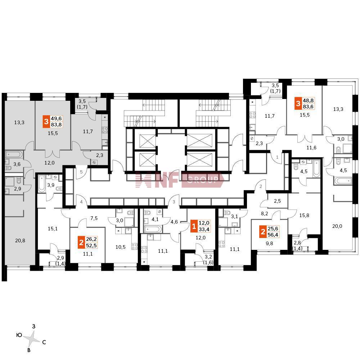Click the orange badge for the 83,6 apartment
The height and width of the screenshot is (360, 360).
tap(297, 104)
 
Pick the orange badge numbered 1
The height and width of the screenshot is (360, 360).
tap(194, 227)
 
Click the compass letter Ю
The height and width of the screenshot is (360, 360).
tap(19, 335)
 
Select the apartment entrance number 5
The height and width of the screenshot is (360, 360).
tap(81, 172)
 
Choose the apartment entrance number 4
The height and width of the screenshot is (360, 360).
tap(81, 202)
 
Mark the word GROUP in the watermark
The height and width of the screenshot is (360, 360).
tap(203, 180)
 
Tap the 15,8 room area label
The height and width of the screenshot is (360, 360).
tap(304, 216)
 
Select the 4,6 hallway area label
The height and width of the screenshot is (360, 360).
tap(174, 222)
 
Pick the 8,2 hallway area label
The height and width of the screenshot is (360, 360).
tap(265, 213)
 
